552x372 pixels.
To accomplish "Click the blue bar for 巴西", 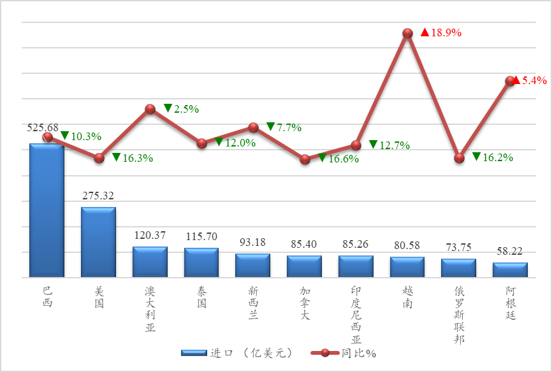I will [47, 210].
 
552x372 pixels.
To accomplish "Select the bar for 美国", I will [98, 242].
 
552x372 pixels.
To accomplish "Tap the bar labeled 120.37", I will [150, 262].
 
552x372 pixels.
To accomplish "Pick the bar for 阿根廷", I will [510, 270].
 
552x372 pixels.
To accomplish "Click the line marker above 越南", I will [407, 32].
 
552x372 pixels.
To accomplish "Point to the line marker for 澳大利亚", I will [150, 109].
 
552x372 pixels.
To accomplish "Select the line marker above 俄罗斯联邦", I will [459, 158].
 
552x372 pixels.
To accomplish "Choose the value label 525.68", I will [43, 127].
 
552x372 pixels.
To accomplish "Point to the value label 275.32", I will [98, 196].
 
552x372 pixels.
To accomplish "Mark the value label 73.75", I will [458, 248].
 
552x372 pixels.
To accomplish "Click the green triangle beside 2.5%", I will [168, 108].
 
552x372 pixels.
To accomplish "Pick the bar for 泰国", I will [201, 262].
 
